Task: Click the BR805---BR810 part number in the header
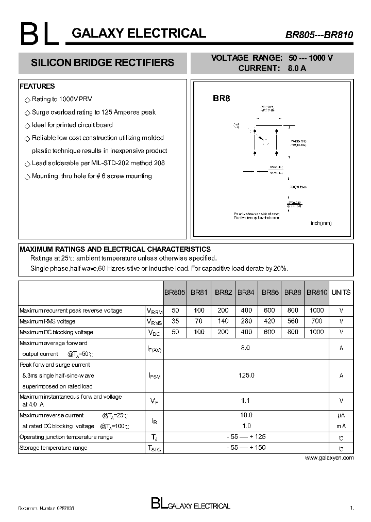click(319, 35)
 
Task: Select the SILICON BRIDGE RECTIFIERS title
click(103, 63)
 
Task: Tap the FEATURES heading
click(37, 86)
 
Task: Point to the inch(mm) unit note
click(321, 223)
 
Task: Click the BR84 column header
click(247, 292)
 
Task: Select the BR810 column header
click(317, 292)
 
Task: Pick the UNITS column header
click(341, 292)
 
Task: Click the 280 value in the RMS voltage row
click(246, 321)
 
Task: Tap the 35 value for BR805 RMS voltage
click(175, 321)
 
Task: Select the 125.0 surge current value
click(247, 376)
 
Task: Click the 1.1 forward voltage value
click(246, 400)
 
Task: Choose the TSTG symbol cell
click(154, 449)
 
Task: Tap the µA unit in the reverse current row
click(341, 415)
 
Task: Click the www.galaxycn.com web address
click(329, 458)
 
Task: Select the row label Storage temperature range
click(53, 448)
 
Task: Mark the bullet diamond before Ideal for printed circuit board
click(27, 125)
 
